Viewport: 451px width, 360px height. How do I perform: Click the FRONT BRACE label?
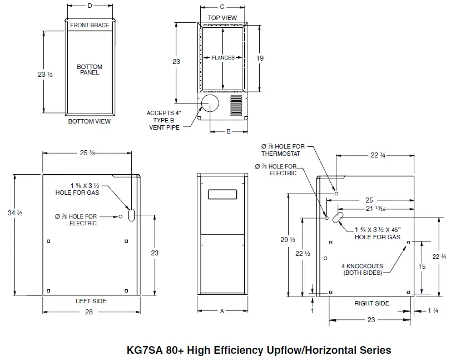90,25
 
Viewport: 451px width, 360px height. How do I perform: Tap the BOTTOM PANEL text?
90,70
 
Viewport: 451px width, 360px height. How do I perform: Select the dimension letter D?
90,6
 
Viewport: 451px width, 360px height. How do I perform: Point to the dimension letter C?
222,7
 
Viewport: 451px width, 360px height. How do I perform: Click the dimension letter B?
228,132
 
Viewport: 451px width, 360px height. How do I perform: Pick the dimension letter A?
222,312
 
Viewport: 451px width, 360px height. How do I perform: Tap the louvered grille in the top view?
237,105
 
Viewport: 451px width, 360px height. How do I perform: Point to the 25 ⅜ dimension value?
89,153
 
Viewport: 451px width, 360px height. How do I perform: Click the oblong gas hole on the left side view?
132,215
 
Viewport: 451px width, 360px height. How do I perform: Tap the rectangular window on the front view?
221,195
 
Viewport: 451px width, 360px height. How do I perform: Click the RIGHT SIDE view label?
371,303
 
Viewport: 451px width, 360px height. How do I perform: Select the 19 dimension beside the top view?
259,58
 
